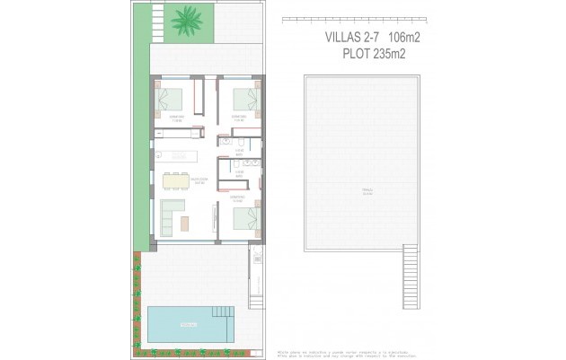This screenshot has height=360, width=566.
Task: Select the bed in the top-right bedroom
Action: click(243, 97)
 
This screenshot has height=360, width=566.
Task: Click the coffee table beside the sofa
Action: click(184, 221)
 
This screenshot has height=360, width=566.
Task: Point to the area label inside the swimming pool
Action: click(188, 324)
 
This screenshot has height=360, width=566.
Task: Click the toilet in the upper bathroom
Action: click(243, 142)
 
